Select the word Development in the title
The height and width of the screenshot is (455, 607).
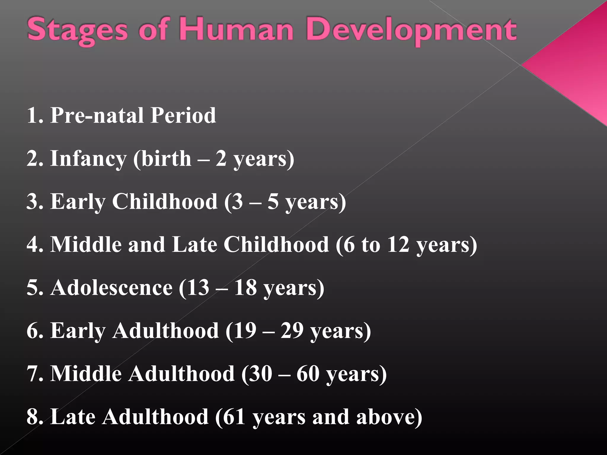coord(411,31)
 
